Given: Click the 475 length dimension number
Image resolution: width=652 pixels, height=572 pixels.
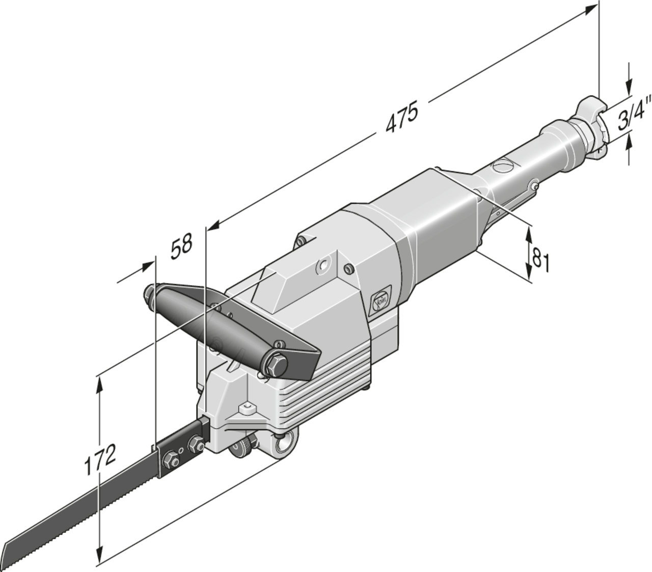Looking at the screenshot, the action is point(402,117).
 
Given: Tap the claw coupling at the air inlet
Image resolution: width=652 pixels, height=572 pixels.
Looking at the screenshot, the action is point(591,125).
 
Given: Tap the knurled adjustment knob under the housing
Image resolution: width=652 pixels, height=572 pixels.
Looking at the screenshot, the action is point(242,445).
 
